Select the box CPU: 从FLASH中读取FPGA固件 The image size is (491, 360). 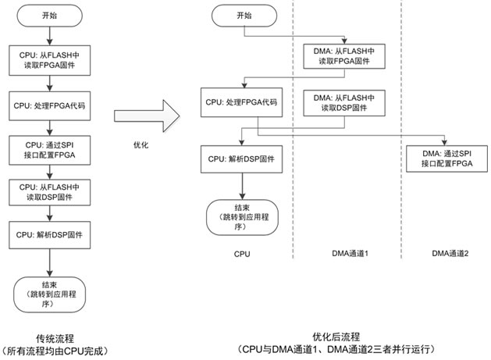click(50, 62)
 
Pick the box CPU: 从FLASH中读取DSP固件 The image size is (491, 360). click(50, 191)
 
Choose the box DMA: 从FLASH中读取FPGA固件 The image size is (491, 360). click(343, 57)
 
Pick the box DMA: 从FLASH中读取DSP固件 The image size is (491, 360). click(343, 102)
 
